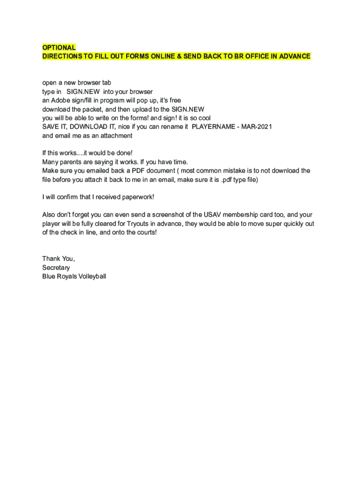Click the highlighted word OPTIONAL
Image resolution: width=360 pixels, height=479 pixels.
click(59, 48)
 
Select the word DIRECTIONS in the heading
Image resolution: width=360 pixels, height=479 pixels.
click(61, 57)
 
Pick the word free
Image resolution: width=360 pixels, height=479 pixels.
click(173, 101)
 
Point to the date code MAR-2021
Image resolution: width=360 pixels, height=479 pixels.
click(257, 127)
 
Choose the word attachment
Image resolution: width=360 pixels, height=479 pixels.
click(115, 136)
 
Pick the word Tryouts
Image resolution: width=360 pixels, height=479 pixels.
click(138, 224)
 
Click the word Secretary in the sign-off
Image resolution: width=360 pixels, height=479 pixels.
click(56, 268)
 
